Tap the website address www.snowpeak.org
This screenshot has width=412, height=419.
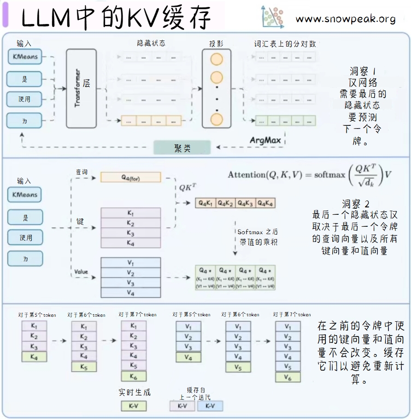[x=346, y=19]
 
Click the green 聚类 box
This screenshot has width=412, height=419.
[x=182, y=148]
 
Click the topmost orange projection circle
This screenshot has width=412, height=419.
[x=216, y=59]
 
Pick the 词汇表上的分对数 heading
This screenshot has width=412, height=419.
[x=285, y=44]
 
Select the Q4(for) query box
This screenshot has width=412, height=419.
[x=130, y=177]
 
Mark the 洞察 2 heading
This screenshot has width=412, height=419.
[x=356, y=204]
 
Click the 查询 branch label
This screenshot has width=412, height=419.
[x=82, y=171]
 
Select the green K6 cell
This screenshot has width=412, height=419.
[x=133, y=377]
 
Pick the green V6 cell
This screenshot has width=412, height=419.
[x=288, y=377]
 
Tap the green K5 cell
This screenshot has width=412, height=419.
[x=83, y=367]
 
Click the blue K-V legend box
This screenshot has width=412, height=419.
[x=210, y=406]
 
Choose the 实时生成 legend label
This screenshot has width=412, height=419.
[x=135, y=392]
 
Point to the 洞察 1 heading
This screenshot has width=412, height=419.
[x=363, y=72]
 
